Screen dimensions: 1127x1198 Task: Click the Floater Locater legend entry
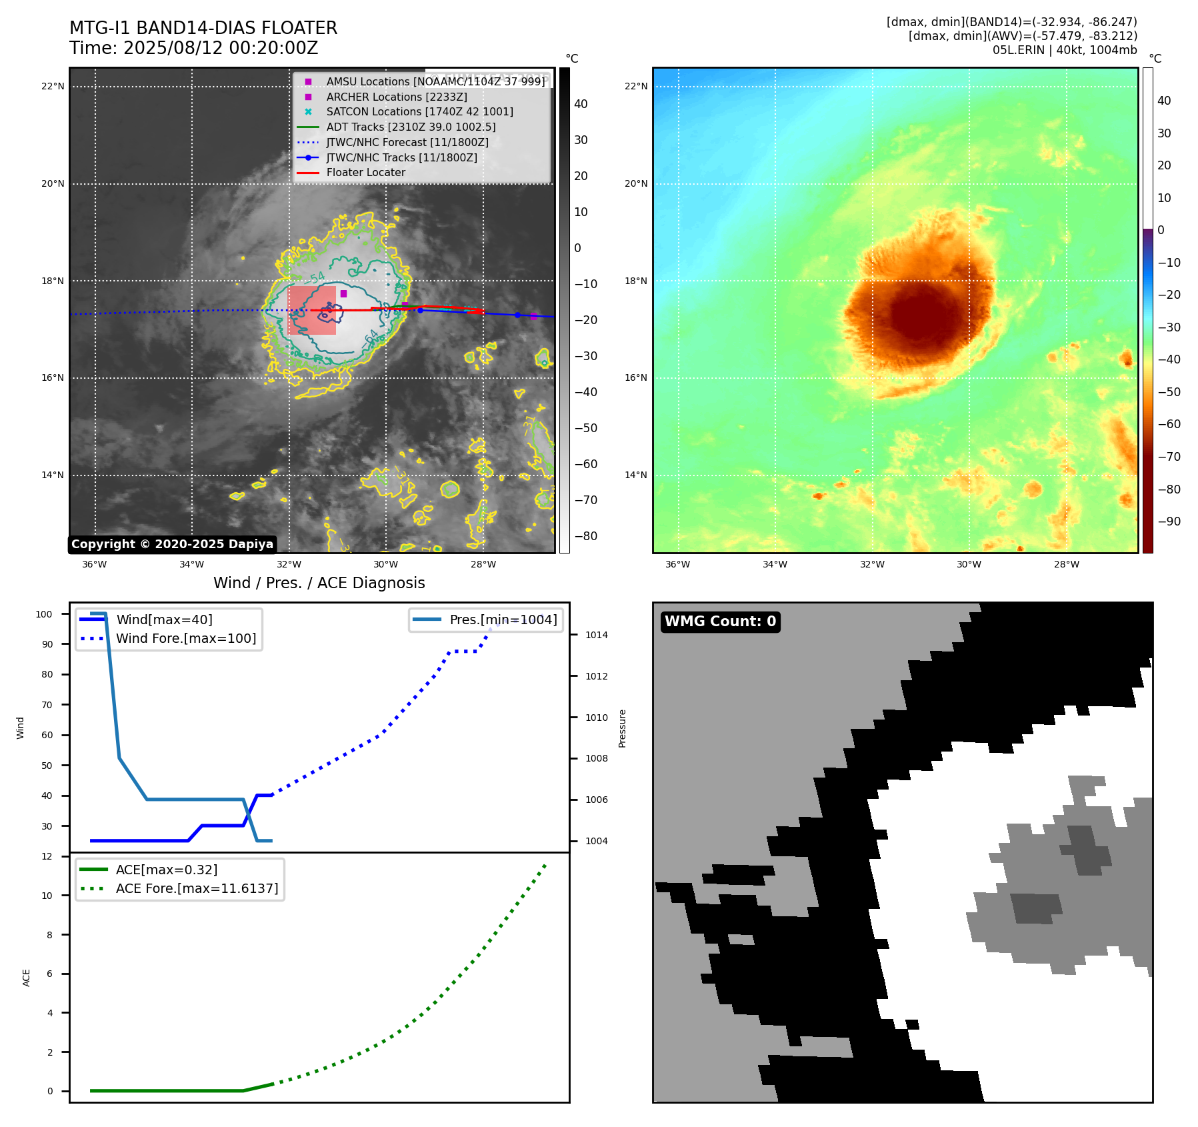[365, 172]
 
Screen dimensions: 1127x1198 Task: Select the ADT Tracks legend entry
[411, 127]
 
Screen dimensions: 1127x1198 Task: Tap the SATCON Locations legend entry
[419, 111]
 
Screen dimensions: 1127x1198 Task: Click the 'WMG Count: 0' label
[720, 622]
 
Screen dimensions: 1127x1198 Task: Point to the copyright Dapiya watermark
[172, 544]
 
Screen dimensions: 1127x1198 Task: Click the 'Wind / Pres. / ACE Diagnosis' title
[319, 583]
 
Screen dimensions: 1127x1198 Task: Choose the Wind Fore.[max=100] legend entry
[186, 638]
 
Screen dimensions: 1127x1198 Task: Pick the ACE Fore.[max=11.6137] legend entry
[197, 888]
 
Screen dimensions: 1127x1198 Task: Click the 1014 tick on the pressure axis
[596, 635]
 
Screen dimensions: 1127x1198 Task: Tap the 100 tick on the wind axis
[44, 614]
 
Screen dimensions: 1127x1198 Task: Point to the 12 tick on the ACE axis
[47, 856]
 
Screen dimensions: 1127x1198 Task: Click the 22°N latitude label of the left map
[53, 86]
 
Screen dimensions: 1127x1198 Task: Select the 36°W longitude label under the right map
[677, 564]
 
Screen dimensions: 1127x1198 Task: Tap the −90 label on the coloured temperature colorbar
[1169, 521]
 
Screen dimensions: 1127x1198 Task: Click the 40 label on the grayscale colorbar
[581, 104]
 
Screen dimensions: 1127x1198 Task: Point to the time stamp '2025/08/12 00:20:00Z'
[221, 48]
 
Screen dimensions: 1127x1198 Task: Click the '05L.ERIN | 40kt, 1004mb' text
[1065, 50]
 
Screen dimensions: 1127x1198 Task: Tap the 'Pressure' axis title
[622, 728]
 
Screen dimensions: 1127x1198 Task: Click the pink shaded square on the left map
[311, 311]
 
